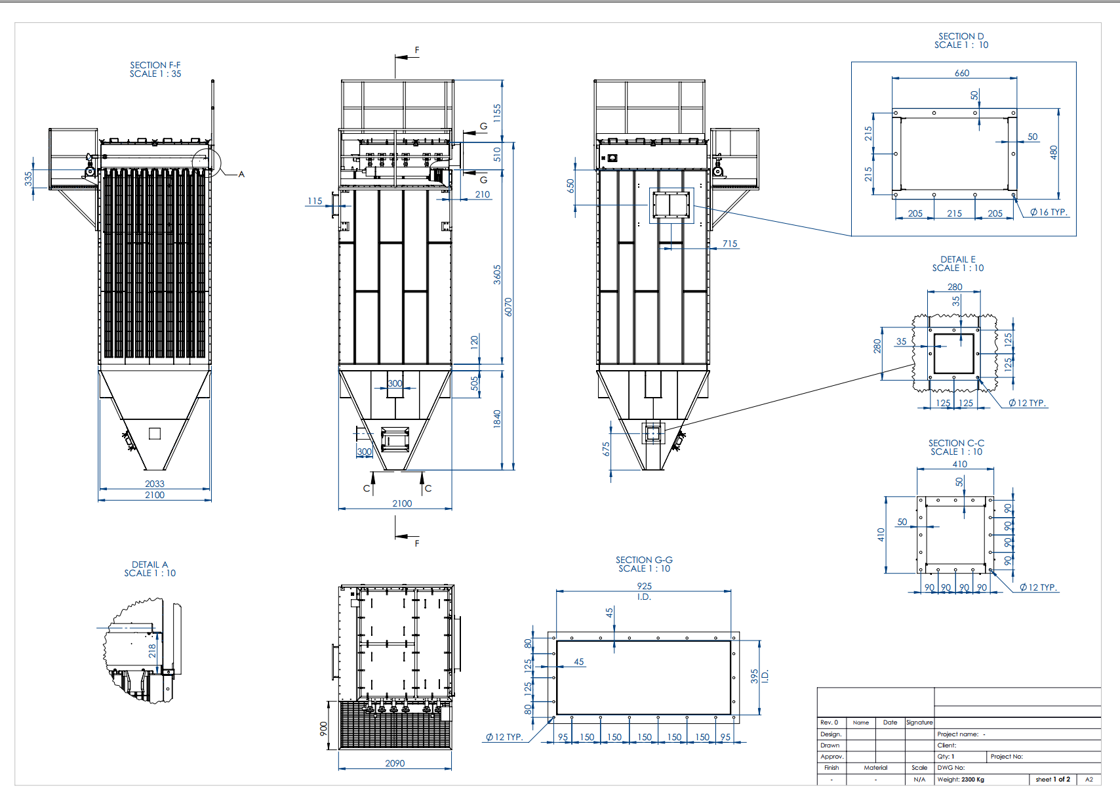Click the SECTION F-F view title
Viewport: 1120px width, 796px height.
[x=155, y=70]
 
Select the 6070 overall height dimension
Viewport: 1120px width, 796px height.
[x=508, y=306]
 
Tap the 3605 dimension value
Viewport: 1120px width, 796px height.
[x=497, y=274]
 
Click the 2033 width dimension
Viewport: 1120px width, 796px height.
[x=155, y=484]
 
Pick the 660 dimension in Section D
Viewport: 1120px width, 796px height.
[x=962, y=73]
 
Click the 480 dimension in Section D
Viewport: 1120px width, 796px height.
[x=1054, y=152]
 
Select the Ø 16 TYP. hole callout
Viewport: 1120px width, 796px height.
[x=1049, y=212]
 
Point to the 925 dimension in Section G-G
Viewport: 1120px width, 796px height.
[x=644, y=586]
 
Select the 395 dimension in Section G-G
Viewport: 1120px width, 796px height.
[x=755, y=676]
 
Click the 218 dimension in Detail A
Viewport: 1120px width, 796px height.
[x=152, y=650]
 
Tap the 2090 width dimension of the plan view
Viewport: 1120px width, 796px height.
[x=395, y=763]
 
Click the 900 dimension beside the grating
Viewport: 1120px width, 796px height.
[x=323, y=728]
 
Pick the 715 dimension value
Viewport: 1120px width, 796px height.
[x=730, y=243]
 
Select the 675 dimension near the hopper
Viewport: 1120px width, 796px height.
[x=606, y=449]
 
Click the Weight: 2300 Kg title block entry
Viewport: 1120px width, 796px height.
[x=961, y=780]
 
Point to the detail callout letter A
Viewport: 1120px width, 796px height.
[x=241, y=174]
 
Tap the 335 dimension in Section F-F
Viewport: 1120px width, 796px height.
[x=28, y=178]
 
